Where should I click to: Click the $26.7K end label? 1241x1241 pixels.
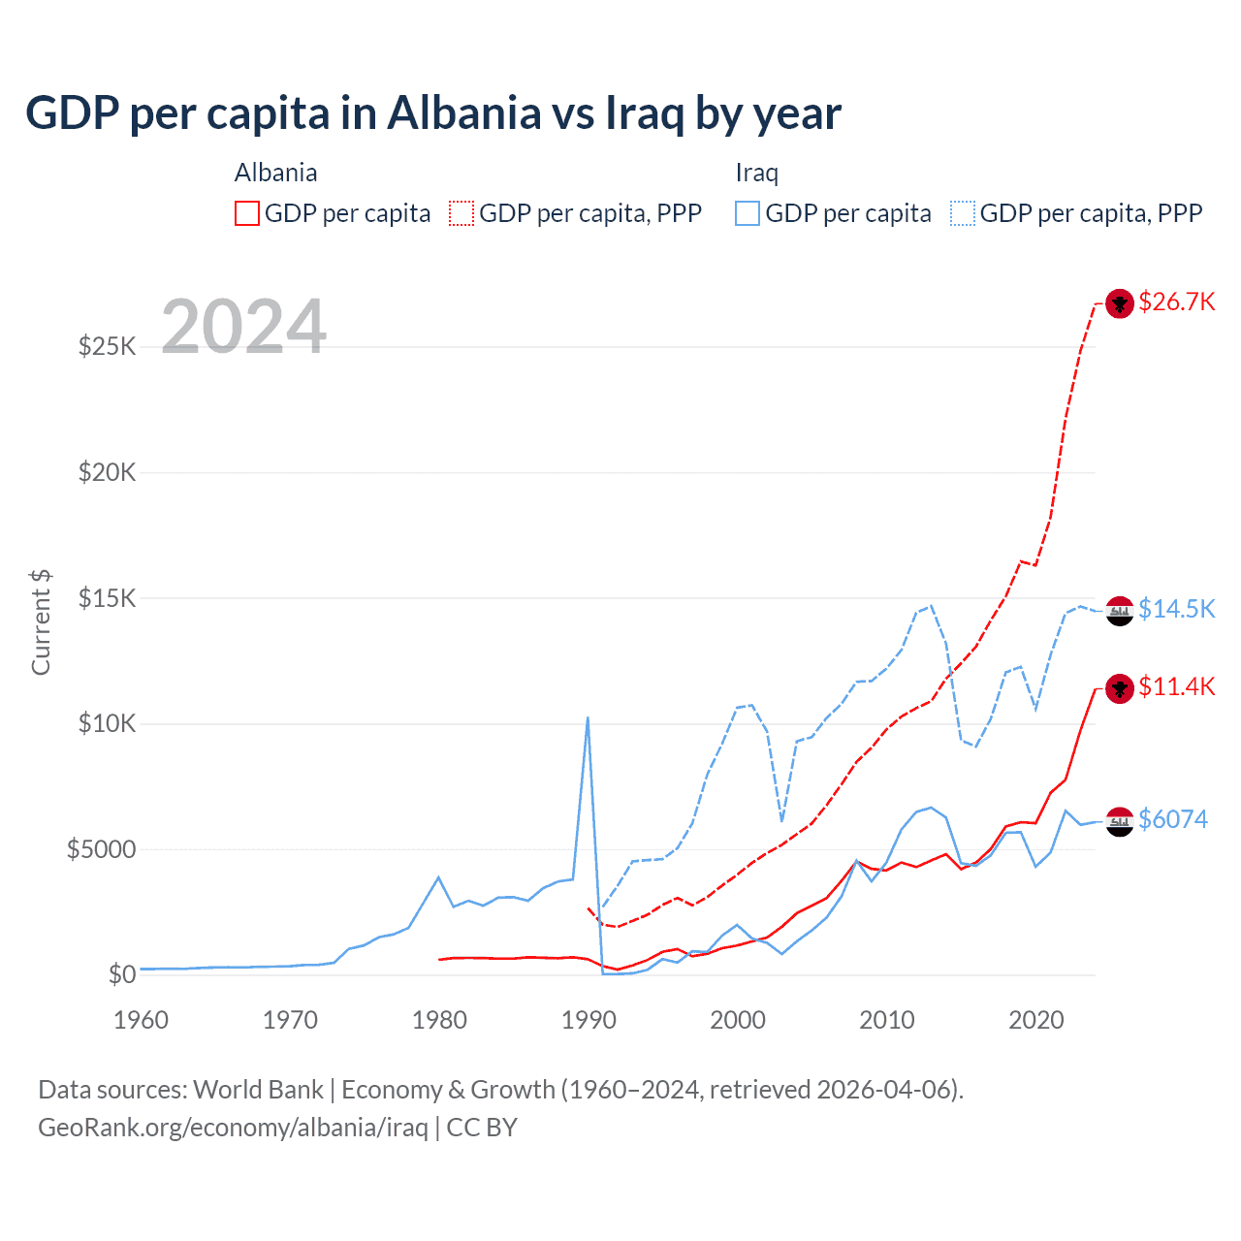tap(1176, 302)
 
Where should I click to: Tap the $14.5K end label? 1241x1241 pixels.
tap(1176, 609)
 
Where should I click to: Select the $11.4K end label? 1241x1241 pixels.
tap(1176, 686)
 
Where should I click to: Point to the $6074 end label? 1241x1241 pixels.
tap(1172, 819)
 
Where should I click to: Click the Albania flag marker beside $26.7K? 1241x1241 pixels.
tap(1120, 303)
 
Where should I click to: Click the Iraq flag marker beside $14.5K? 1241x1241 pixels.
tap(1120, 611)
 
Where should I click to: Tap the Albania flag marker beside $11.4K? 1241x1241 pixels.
tap(1120, 688)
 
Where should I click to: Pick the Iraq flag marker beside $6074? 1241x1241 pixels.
tap(1120, 821)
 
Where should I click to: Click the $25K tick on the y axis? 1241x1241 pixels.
tap(107, 346)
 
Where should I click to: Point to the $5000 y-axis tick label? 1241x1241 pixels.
tap(101, 849)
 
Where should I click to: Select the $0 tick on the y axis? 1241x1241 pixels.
tap(121, 974)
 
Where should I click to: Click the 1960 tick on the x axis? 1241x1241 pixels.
tap(142, 1020)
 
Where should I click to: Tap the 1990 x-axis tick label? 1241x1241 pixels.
tap(589, 1020)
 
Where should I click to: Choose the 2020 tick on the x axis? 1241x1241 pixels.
tap(1036, 1020)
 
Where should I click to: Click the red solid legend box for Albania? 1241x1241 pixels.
tap(247, 213)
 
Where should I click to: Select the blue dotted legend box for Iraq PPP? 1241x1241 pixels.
tap(963, 213)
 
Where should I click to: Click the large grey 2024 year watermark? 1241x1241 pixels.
tap(243, 327)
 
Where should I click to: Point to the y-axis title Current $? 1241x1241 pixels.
tap(41, 621)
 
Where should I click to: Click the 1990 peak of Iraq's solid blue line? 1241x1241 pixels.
tap(588, 718)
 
